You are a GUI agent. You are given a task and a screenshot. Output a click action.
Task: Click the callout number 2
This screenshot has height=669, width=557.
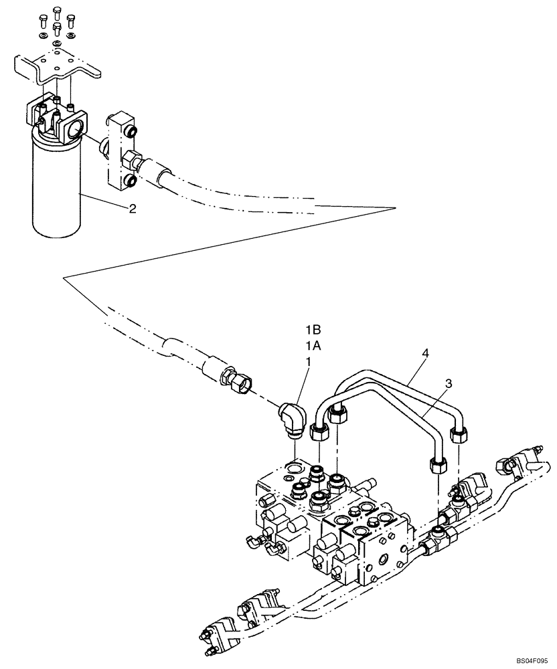point(133,209)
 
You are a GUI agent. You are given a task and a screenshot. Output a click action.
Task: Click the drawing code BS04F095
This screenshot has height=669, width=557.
point(528,658)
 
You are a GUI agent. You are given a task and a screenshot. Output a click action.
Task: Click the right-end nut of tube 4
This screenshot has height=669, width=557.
point(460,436)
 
